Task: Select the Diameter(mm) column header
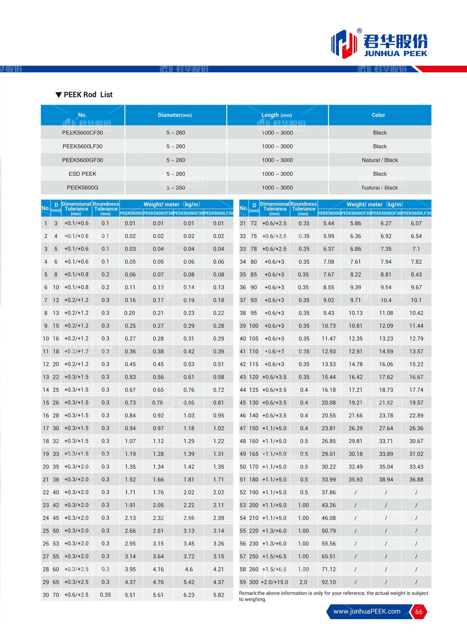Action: tap(175, 115)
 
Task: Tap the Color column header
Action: tap(378, 115)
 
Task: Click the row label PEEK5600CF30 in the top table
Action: tap(82, 133)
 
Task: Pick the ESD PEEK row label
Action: tap(82, 174)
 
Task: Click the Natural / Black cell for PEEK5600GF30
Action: tap(380, 160)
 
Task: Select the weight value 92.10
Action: tap(329, 582)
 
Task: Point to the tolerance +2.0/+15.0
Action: tap(274, 582)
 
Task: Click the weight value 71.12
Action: tap(329, 569)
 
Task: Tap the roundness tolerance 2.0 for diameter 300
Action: tap(303, 582)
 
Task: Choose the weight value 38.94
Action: tap(386, 480)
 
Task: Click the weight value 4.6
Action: tap(189, 569)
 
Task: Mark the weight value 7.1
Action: tap(416, 249)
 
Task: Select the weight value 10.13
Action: tap(356, 313)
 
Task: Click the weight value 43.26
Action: tap(329, 505)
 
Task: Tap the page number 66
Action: tap(419, 612)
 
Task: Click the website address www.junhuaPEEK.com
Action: tap(367, 611)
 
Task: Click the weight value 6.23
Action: tap(189, 595)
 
